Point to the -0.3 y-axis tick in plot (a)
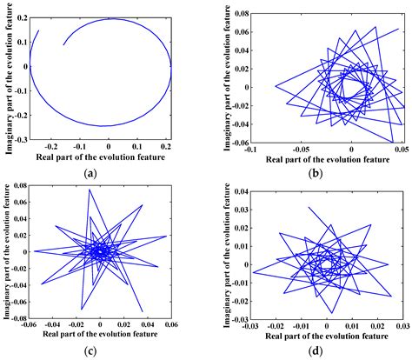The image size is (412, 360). (19, 140)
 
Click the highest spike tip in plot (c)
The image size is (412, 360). (89, 190)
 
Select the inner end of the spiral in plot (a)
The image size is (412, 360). (63, 44)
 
